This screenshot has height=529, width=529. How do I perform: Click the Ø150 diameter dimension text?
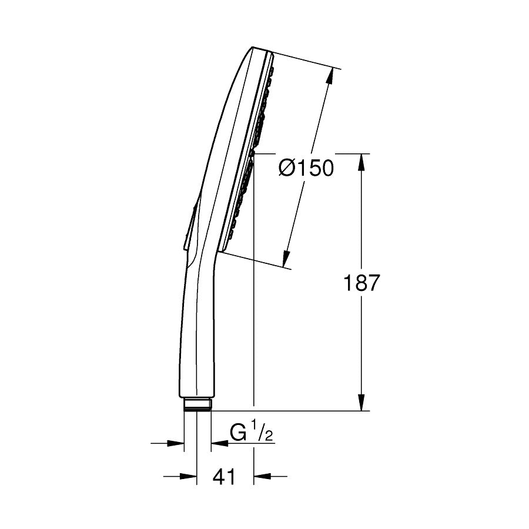pos(306,169)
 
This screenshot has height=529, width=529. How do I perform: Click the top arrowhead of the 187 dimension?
pos(361,162)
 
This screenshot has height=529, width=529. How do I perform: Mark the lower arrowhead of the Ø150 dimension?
pos(286,259)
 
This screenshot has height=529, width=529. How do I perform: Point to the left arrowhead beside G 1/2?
pos(176,443)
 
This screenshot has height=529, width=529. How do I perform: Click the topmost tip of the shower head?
pos(253,48)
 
